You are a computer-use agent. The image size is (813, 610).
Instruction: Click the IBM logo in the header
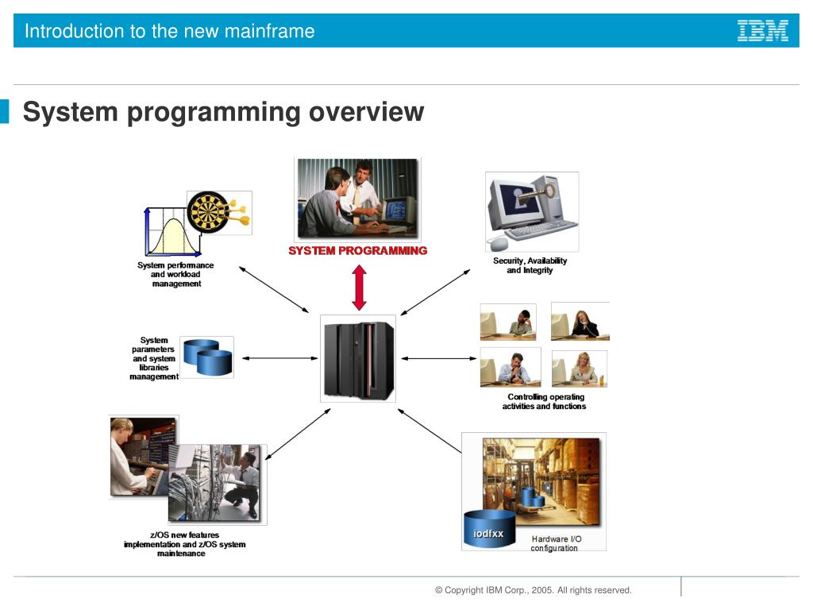tap(762, 31)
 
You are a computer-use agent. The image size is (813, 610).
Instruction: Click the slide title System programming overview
tap(223, 112)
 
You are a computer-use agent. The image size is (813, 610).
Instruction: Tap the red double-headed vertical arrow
tap(359, 288)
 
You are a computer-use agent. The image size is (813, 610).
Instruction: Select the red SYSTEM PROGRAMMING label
tap(357, 251)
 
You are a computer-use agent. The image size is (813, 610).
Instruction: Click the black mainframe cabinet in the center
tap(358, 358)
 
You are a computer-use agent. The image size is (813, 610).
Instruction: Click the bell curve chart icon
tap(166, 230)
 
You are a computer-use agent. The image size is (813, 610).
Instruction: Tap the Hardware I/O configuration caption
tap(556, 544)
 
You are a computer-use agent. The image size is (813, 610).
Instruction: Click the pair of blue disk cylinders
tap(207, 357)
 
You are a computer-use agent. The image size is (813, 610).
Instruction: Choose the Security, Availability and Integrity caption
tap(530, 265)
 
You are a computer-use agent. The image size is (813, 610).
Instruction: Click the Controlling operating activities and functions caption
tap(544, 402)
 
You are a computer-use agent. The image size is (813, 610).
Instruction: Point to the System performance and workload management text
tap(175, 274)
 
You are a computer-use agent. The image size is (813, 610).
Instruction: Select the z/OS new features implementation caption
tap(184, 544)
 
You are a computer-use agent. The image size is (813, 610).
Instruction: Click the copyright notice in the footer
tap(533, 590)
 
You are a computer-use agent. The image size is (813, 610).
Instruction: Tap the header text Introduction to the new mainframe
tap(169, 32)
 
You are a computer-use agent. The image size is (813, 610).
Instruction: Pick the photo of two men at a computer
tap(356, 199)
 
